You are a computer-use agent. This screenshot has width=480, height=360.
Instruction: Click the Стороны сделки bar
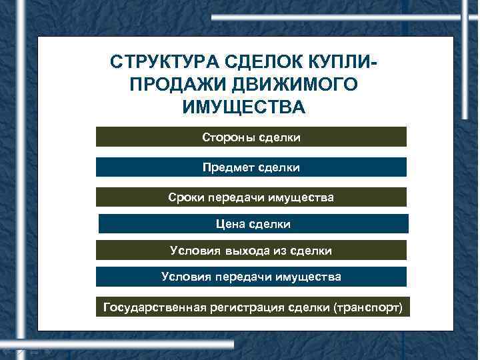[x=251, y=137]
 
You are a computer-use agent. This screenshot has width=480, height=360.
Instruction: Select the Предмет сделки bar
[x=251, y=167]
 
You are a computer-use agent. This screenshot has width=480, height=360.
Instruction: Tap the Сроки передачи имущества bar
[x=251, y=197]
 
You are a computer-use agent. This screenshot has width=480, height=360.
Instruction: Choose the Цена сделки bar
[x=252, y=224]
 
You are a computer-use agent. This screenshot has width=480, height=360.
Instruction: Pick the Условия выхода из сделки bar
[x=251, y=250]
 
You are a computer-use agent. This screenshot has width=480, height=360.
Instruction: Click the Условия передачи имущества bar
[x=251, y=277]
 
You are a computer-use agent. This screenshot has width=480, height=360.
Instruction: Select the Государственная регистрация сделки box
[x=252, y=307]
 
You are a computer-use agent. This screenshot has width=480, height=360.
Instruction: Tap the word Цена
[x=230, y=224]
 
